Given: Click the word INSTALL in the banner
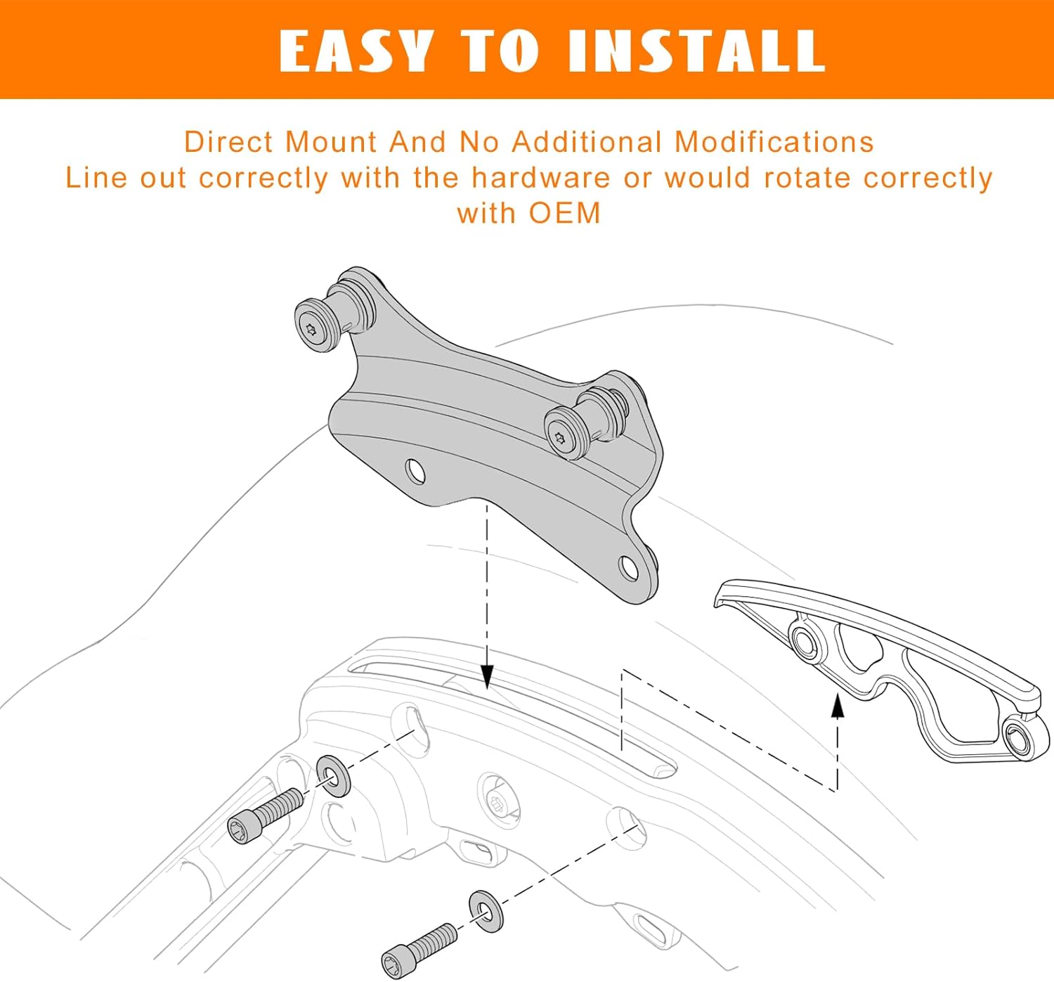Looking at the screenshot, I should (696, 51).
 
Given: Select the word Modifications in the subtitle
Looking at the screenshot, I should (774, 142).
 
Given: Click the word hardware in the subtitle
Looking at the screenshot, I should (540, 178).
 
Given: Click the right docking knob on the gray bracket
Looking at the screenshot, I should (566, 432).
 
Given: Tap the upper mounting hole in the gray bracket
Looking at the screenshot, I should (415, 472).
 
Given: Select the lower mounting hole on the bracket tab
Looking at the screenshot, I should (629, 567).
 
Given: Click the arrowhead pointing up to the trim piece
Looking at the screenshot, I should (837, 705).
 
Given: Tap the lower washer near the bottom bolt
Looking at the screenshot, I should (486, 912).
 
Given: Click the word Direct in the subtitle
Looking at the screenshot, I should (228, 142).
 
